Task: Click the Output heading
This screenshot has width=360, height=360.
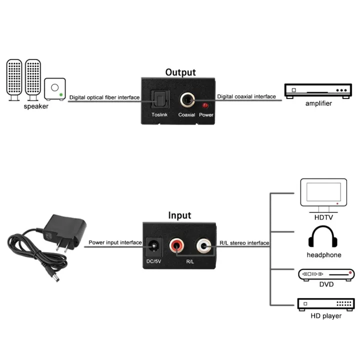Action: point(180,72)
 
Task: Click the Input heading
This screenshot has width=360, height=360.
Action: point(179,215)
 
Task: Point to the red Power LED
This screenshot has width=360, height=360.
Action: point(205,106)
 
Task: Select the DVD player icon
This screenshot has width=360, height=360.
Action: point(326,274)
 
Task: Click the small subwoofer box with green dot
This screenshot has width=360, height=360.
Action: point(54,89)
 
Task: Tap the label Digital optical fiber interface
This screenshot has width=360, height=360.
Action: point(104,97)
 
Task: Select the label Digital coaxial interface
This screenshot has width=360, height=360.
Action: point(246,96)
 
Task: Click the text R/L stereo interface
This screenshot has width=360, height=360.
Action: point(244,243)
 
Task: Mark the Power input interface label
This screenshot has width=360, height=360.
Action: point(115,243)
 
